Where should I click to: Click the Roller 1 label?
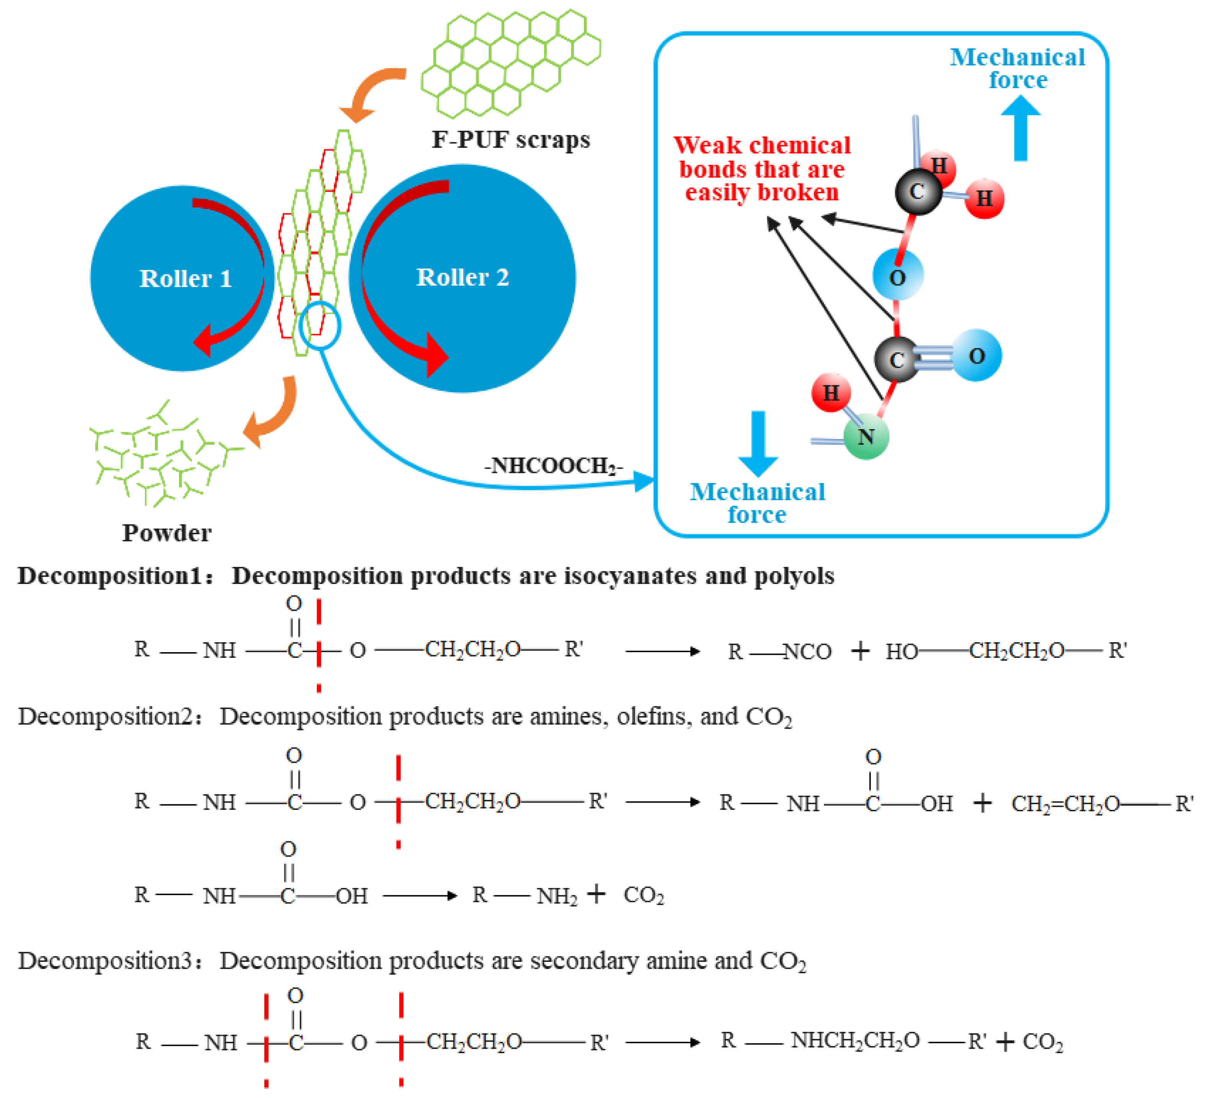[x=185, y=279]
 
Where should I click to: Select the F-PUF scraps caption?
[x=510, y=139]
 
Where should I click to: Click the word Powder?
[x=167, y=533]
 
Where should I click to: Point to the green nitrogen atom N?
[x=866, y=437]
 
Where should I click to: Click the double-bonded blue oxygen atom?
[x=976, y=356]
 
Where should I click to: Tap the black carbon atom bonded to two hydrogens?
[x=918, y=191]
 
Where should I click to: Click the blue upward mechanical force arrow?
[x=1020, y=129]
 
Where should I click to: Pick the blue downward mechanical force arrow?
[x=758, y=443]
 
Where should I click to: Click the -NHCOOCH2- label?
[x=553, y=465]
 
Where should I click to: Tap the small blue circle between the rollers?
[x=320, y=325]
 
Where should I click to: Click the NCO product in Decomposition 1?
[x=807, y=651]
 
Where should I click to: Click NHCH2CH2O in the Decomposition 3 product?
[x=855, y=1041]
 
